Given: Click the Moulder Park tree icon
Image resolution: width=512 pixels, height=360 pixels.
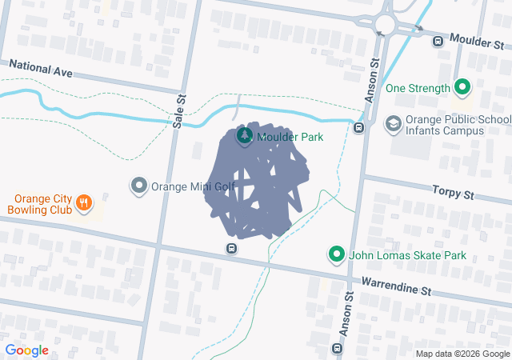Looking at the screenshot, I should (244, 137).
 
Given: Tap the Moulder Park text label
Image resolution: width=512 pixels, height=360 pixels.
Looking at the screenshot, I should (290, 137).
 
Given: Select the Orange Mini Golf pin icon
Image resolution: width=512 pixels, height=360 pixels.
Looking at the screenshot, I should (139, 186).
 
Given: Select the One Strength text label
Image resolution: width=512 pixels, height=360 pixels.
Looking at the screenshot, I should (417, 88).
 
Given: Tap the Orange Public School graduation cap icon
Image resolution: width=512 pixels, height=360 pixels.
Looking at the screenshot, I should (393, 123).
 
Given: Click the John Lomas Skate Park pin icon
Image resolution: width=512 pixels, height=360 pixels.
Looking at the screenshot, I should (337, 255).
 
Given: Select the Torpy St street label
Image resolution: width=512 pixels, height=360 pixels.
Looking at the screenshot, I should (453, 194).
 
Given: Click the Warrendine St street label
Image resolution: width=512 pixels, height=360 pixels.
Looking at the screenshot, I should (396, 284).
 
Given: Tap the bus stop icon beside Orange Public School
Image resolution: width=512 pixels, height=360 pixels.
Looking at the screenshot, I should (360, 127).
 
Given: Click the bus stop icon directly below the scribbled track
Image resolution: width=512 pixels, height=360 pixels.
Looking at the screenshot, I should (231, 248).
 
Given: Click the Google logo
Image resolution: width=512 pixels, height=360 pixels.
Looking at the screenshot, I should (27, 350).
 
